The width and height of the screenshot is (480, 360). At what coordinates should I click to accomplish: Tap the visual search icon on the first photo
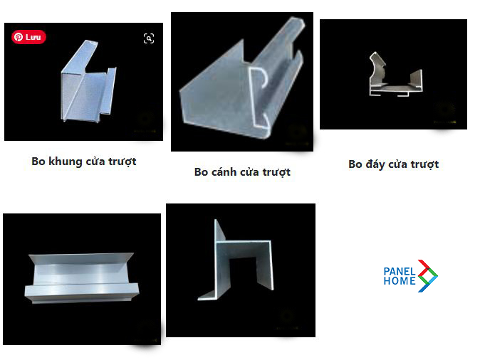[x=149, y=38]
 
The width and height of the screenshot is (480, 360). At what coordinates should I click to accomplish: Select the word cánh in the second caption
[x=227, y=172]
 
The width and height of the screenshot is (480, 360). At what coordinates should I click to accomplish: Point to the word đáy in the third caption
[x=378, y=164]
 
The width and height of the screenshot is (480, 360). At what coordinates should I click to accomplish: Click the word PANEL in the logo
[x=399, y=271]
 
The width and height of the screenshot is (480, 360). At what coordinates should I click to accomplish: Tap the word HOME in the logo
[x=399, y=281]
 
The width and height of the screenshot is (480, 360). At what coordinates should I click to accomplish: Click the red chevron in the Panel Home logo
[x=426, y=266]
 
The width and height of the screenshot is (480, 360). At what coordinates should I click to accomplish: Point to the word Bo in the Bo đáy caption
[x=355, y=164]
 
